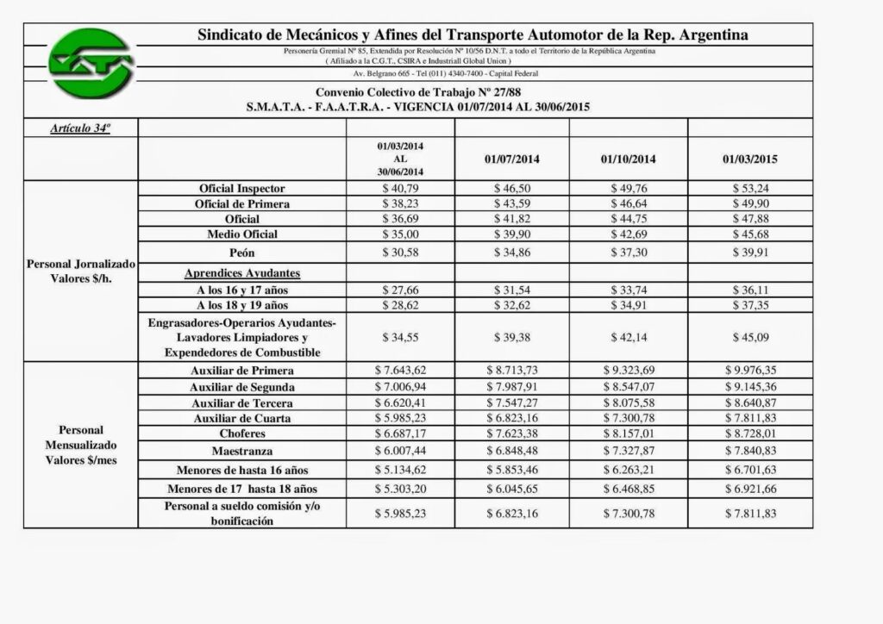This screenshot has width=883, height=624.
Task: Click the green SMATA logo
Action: coord(89,63)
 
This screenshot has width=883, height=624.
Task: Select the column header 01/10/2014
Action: coord(629,159)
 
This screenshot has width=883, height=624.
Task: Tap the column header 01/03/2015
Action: coord(750,159)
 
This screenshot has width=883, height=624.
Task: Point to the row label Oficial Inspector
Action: coord(241,188)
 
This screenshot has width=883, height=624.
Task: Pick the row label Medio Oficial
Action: coord(242,234)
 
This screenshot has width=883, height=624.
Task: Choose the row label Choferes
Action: coord(241,434)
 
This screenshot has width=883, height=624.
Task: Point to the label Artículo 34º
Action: coord(83,127)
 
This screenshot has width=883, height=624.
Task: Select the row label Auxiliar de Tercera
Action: coord(241,402)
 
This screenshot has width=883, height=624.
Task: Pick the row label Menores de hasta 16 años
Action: coord(241,471)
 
